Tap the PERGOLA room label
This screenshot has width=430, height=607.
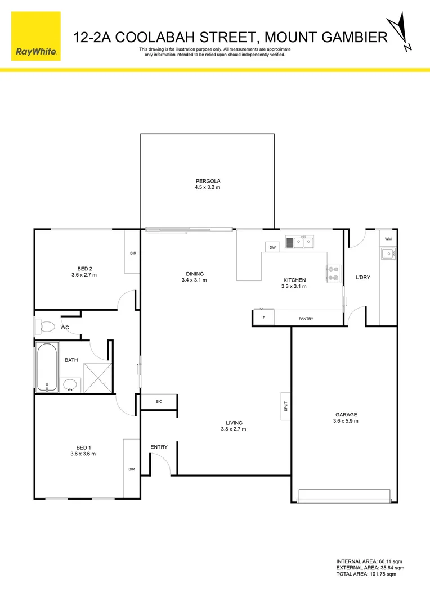tap(208, 181)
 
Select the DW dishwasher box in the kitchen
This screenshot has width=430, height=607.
tap(272, 247)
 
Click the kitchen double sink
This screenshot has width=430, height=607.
tap(300, 243)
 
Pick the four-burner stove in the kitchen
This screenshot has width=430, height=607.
tap(334, 273)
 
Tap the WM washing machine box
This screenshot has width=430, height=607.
tap(388, 239)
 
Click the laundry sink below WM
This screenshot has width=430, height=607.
tap(388, 254)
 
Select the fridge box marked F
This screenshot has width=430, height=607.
tap(263, 318)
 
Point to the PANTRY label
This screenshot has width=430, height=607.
tap(306, 319)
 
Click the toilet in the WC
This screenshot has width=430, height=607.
tap(45, 327)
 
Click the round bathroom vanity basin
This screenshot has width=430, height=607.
tap(70, 385)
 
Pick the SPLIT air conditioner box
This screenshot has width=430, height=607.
tap(285, 405)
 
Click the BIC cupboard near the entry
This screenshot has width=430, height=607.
tap(159, 402)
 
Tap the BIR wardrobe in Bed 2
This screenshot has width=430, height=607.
tap(132, 253)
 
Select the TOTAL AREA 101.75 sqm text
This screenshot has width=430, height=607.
tap(366, 574)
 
